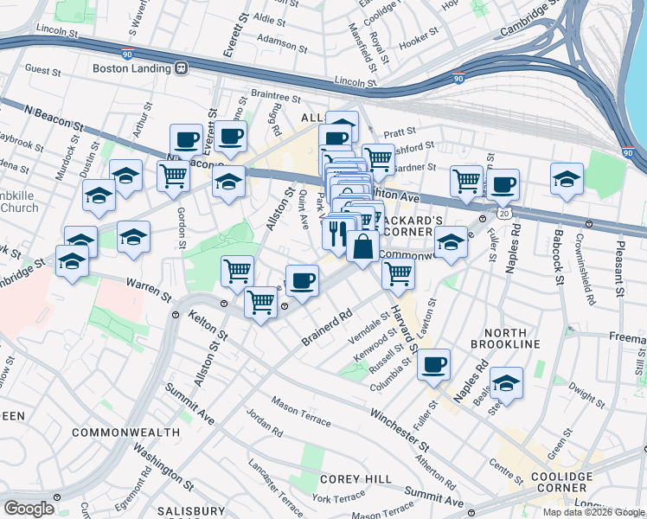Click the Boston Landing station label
point(130,67)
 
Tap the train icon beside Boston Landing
point(182,67)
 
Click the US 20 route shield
point(503,212)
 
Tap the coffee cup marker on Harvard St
point(434,363)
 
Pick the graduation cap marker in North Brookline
point(506,383)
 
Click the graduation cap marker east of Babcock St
point(567,179)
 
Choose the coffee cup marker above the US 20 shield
point(503,184)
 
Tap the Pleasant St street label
point(620,268)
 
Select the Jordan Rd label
point(264,423)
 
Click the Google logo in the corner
point(29,509)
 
